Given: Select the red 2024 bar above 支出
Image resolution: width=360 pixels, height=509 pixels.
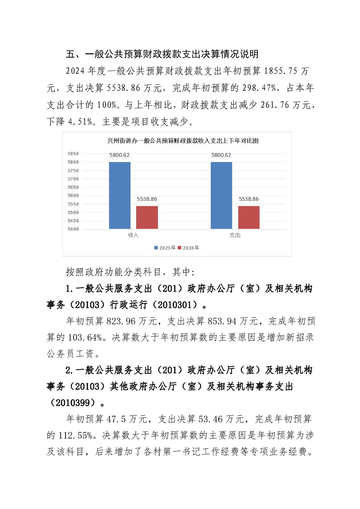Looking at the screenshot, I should coord(249,217).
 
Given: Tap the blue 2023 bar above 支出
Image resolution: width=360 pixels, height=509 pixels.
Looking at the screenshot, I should coord(221,196).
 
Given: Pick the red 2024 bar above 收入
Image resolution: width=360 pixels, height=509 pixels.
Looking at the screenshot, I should coord(147,217).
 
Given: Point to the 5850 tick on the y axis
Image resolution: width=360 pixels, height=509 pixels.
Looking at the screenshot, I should coord(73,154).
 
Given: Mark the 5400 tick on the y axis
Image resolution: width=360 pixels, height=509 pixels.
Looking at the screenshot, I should coord(73,229).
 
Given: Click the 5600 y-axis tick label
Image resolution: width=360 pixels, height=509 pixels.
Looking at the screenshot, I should coord(73,196).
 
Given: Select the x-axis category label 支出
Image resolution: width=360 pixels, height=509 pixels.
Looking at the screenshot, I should coord(235,235).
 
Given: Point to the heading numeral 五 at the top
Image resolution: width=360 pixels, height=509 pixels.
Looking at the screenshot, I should coord(70,54).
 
